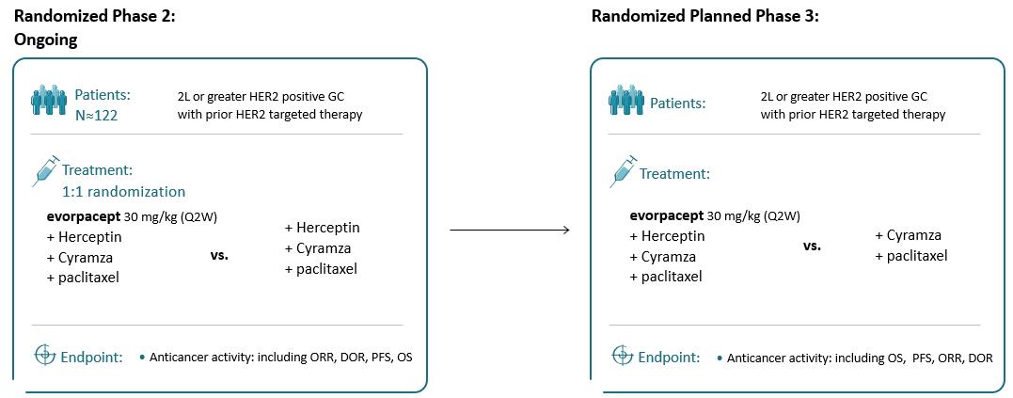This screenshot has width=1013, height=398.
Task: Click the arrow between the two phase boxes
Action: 510,230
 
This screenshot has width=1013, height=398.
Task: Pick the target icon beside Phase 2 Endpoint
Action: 44,355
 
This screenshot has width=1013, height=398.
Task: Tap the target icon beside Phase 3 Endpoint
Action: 622,355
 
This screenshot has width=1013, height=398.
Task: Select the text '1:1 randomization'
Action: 123,192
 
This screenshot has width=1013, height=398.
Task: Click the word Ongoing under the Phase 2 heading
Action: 46,40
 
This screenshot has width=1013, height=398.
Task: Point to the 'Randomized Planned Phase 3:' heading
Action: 704,16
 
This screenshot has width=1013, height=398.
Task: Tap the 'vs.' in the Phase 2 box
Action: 220,255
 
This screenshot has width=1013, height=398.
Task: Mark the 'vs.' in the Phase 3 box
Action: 812,247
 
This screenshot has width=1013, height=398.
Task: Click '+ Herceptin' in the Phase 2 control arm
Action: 323,228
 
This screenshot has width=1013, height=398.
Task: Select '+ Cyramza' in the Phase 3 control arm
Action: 909,235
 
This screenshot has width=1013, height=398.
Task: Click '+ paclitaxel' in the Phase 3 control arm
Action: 911,256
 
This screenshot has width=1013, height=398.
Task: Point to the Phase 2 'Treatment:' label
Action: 98,171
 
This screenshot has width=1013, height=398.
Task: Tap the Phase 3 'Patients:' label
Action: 678,103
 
